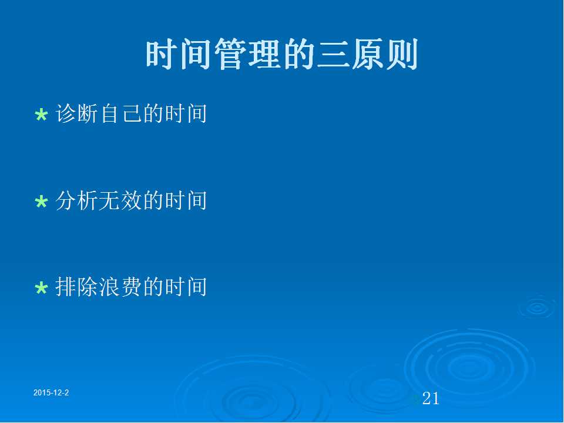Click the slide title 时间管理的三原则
click(x=281, y=54)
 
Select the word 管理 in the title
click(x=248, y=54)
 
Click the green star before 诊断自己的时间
click(x=41, y=115)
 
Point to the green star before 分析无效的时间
click(x=41, y=202)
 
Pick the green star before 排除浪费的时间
click(x=41, y=288)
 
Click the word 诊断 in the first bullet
click(x=76, y=113)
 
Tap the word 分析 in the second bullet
click(x=76, y=200)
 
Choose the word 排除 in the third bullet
click(x=76, y=287)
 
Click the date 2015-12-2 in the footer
click(x=51, y=392)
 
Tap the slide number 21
click(x=431, y=398)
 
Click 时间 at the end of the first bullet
click(x=186, y=113)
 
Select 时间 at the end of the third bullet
click(x=186, y=287)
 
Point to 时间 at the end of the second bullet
click(x=186, y=200)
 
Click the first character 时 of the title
click(x=162, y=54)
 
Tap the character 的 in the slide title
click(x=298, y=54)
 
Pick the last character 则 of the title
click(x=402, y=54)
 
